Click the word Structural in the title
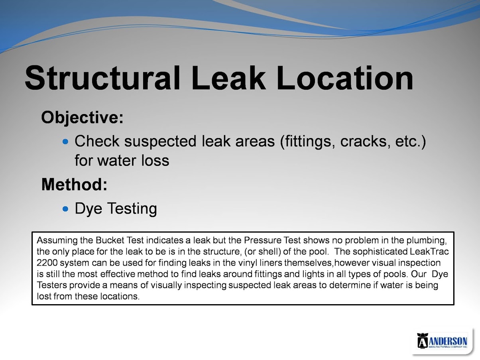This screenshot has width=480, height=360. tap(102, 78)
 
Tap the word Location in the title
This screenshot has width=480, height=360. tap(345, 78)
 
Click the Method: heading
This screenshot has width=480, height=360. tap(74, 185)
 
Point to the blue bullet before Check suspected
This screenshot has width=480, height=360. tap(65, 142)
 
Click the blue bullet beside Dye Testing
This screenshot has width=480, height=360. tap(65, 209)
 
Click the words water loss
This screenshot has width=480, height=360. tap(133, 161)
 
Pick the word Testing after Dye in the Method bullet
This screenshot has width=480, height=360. tap(132, 209)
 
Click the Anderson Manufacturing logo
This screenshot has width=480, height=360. tap(442, 340)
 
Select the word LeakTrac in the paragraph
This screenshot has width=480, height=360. tap(429, 252)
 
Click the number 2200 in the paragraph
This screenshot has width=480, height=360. tap(47, 263)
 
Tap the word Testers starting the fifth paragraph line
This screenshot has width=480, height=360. tap(51, 285)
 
